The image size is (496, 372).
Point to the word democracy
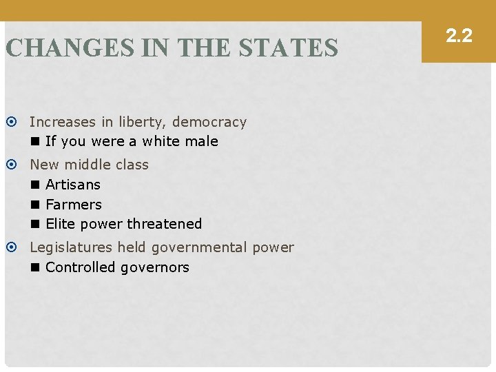tap(209, 122)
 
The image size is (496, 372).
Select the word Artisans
tap(73, 185)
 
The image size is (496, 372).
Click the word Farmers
tap(74, 205)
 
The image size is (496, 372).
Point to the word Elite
tap(61, 224)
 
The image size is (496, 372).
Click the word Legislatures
tap(71, 247)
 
